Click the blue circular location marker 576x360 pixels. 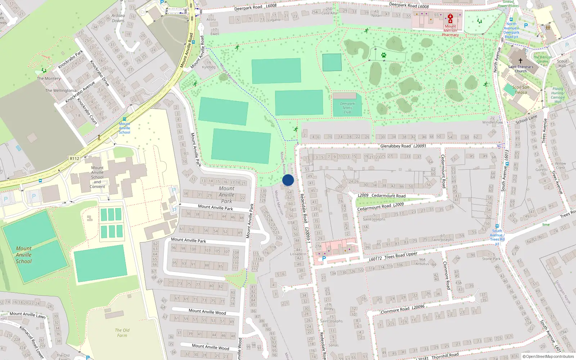pos(288,180)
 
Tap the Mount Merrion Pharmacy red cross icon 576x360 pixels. pos(450,17)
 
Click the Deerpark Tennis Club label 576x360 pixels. pos(347,108)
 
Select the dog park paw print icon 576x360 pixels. pos(384,55)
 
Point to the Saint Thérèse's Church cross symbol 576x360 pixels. pos(520,61)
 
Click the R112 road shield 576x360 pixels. pos(75,158)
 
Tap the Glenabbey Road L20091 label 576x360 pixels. pos(403,146)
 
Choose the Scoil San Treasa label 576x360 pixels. pos(521,90)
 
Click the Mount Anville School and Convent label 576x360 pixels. pos(97,177)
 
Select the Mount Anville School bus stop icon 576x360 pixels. pos(125,119)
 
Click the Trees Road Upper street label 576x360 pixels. pos(401,256)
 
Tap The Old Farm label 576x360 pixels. pos(122,333)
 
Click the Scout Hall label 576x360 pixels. pos(562,63)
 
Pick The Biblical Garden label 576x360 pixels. pos(542,59)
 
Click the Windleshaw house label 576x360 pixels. pos(492,122)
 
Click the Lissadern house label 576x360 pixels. pos(298,254)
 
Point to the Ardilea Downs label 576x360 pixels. pos(118,18)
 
